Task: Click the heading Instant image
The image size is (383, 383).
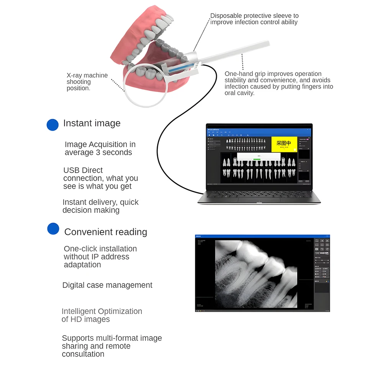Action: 92,123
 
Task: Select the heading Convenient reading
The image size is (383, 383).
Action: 105,232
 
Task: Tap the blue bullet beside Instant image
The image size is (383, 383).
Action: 52,124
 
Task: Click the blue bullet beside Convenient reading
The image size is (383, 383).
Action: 53,229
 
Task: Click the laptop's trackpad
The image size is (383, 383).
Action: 259,200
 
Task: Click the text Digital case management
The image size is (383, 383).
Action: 107,285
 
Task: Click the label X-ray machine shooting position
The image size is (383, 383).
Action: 87,82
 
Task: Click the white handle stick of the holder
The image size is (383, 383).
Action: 237,51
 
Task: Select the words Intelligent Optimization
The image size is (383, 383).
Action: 102,311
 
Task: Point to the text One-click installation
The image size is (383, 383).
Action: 100,249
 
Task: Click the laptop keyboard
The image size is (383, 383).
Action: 259,193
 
